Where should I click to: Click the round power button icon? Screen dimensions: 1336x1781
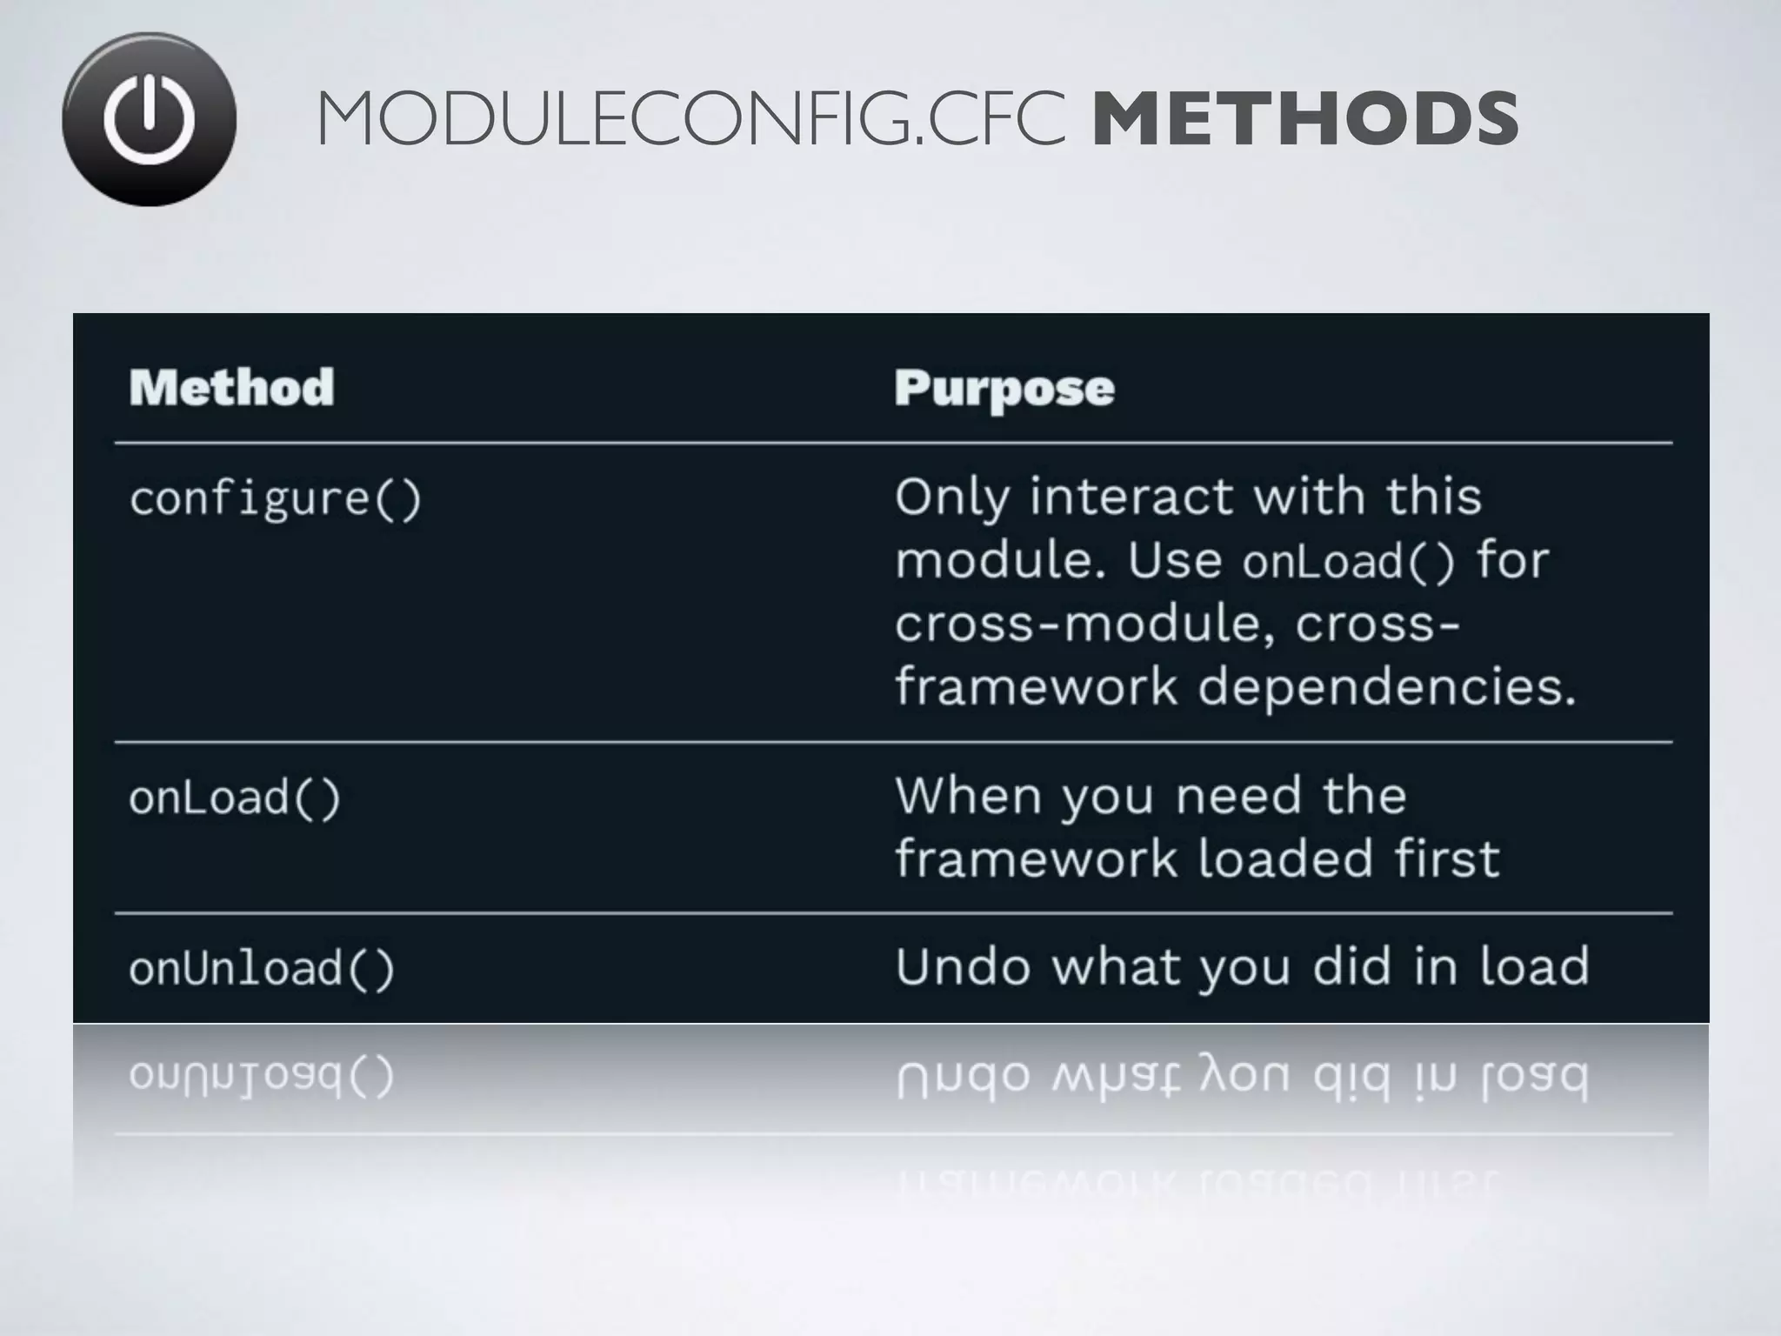click(149, 119)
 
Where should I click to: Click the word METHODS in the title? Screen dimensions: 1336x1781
click(1304, 119)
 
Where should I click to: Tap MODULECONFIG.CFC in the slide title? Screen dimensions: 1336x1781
click(691, 119)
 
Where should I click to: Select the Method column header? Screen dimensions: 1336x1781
click(231, 387)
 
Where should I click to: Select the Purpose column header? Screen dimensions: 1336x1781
click(1004, 389)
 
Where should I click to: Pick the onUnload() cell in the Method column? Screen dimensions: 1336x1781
click(262, 969)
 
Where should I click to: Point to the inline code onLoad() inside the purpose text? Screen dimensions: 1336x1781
click(1348, 562)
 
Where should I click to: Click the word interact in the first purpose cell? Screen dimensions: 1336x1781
click(1133, 497)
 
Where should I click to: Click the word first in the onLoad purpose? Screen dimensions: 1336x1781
click(1448, 858)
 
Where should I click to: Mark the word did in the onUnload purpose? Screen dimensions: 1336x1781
click(1352, 966)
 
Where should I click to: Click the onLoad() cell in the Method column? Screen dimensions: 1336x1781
click(235, 798)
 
